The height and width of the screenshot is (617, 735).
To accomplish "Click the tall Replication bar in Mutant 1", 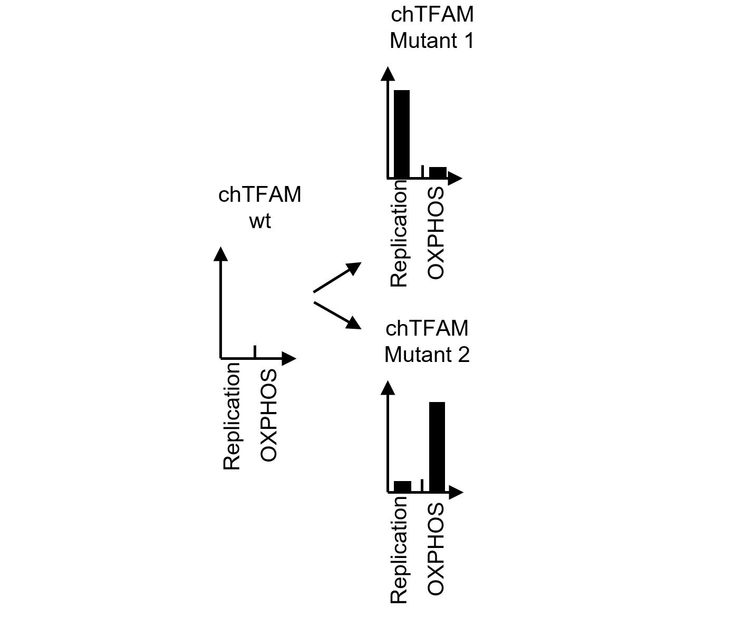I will pyautogui.click(x=402, y=134).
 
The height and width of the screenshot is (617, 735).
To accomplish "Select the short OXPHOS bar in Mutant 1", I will pyautogui.click(x=438, y=173).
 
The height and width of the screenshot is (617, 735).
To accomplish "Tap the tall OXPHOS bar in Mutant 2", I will pyautogui.click(x=437, y=447).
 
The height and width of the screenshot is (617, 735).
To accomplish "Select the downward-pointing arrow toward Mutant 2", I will pyautogui.click(x=337, y=315).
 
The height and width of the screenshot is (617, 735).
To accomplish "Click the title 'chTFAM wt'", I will pyautogui.click(x=260, y=207).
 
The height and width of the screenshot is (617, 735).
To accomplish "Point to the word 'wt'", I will pyautogui.click(x=260, y=221).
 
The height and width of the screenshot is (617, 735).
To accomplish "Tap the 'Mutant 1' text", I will pyautogui.click(x=432, y=41).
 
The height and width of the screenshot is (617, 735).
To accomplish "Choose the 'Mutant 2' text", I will pyautogui.click(x=427, y=354).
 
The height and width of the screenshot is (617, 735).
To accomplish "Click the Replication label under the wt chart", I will pyautogui.click(x=232, y=416).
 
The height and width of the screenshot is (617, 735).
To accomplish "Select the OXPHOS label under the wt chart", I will pyautogui.click(x=268, y=416).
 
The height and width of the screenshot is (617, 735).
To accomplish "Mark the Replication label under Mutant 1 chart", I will pyautogui.click(x=399, y=233).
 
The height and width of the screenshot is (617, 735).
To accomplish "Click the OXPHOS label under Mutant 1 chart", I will pyautogui.click(x=436, y=233).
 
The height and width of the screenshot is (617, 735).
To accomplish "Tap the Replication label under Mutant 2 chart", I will pyautogui.click(x=399, y=549).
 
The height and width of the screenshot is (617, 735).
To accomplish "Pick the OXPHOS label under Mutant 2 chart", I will pyautogui.click(x=436, y=549).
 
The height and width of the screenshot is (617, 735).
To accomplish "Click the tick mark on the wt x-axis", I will pyautogui.click(x=255, y=351).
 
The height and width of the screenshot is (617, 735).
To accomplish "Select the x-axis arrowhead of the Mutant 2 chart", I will pyautogui.click(x=456, y=492).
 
